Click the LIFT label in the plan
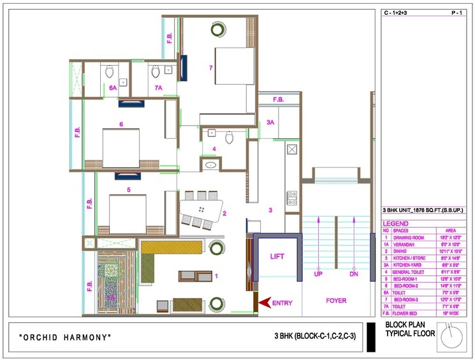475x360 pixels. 277,256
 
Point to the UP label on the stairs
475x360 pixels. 318,275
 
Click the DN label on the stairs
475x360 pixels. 354,275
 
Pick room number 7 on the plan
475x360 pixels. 210,67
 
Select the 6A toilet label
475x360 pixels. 112,87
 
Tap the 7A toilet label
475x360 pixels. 158,87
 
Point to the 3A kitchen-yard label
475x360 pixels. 270,122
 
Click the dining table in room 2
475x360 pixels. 201,209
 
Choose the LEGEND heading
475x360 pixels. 397,224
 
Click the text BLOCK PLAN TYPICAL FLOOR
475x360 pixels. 410,329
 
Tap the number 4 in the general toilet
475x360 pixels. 214,149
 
